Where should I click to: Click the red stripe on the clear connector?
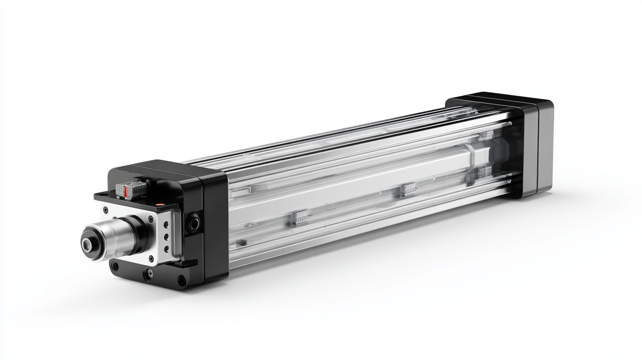(126, 191)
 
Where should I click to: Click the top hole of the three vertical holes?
(166, 225)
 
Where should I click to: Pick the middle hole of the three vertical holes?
(166, 237)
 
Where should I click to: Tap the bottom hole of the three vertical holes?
(166, 249)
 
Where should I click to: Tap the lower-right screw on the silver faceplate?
(151, 258)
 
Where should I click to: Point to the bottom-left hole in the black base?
(116, 266)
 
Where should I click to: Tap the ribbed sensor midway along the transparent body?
(408, 189)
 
